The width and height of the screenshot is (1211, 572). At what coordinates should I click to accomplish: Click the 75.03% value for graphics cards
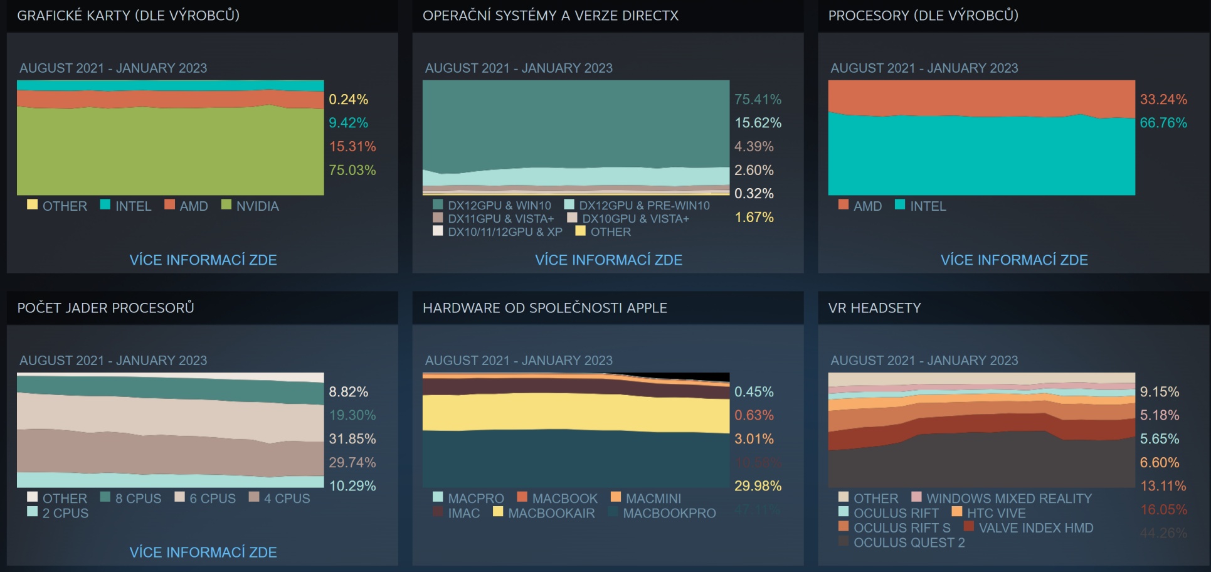click(x=352, y=170)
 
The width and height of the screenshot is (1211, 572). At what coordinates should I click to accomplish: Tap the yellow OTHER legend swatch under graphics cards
click(x=33, y=204)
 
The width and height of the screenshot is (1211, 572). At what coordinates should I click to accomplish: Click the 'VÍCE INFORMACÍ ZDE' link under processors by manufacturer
click(x=1013, y=260)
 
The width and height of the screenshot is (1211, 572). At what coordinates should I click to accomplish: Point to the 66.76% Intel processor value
click(x=1163, y=123)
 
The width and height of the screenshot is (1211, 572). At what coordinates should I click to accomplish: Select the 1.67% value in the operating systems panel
click(x=754, y=217)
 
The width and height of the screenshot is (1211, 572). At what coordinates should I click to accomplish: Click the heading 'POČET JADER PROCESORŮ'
click(x=105, y=308)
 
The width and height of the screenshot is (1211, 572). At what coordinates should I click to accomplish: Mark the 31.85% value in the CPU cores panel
click(x=352, y=439)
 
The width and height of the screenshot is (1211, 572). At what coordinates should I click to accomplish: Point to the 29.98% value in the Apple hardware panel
click(x=758, y=486)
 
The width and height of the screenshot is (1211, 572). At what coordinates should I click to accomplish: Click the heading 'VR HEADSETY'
click(x=874, y=308)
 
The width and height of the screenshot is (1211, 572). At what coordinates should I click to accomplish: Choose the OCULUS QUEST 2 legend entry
click(x=909, y=543)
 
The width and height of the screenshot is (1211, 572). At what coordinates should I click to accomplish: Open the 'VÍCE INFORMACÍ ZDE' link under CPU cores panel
click(x=203, y=552)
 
